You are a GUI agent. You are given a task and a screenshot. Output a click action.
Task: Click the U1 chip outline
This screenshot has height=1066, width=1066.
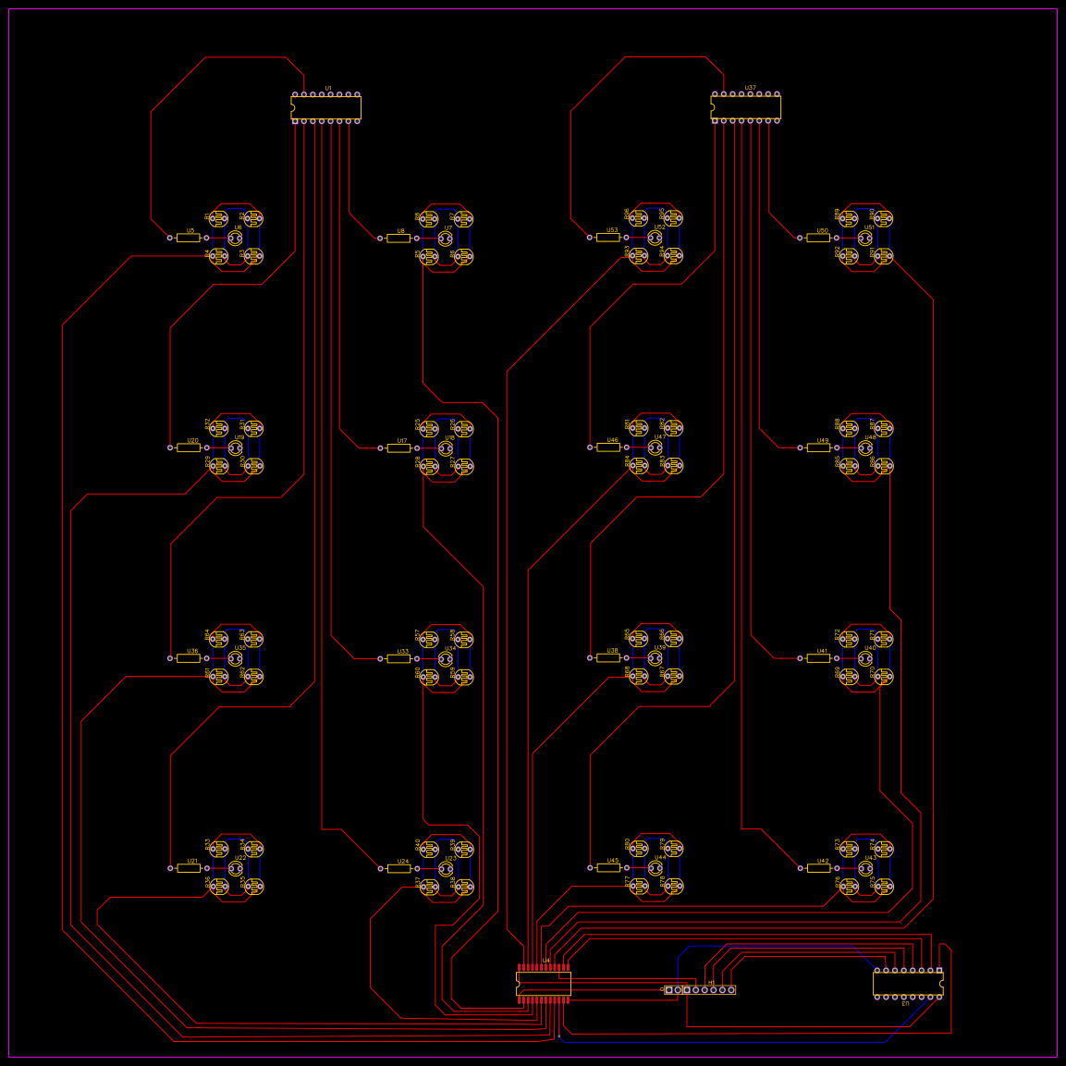coord(326,107)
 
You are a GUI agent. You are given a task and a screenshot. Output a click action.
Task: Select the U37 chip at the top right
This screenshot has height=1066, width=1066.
coord(746,107)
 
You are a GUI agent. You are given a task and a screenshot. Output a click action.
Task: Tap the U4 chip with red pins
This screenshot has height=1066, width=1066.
coord(544,984)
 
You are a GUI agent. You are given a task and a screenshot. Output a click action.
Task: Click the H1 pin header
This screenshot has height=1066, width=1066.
coord(700,990)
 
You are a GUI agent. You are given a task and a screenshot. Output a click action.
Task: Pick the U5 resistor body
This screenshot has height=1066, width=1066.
coord(189,238)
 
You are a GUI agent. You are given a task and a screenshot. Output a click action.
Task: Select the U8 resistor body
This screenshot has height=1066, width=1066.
coord(398,238)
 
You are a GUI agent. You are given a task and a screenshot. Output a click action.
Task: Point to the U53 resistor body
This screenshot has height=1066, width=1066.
coord(607,238)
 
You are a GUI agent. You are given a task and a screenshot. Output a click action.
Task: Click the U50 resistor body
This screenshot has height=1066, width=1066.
coord(818,238)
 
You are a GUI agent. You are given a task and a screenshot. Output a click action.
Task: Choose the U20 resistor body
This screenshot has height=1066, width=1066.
coord(189,447)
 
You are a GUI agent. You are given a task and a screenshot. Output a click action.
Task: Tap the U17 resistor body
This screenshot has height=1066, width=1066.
coord(398,447)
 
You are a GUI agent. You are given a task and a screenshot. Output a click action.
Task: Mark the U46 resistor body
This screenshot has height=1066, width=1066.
coord(607,447)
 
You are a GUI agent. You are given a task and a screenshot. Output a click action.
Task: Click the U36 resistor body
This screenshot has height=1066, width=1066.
coord(189,658)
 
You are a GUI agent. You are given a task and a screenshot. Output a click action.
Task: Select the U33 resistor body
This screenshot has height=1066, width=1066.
coord(398,658)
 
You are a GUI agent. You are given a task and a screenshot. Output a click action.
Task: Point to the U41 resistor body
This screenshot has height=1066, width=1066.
coord(818,658)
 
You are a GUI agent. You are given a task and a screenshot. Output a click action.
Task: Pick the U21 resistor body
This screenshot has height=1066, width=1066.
coord(189,868)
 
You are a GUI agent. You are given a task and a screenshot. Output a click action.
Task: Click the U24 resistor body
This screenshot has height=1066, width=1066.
coord(398,868)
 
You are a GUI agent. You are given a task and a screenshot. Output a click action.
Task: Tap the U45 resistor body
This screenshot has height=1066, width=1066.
coord(607,867)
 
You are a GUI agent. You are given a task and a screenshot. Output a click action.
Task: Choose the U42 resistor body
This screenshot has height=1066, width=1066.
coord(818,867)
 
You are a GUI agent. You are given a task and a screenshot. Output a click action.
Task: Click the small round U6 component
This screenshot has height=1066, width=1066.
coord(235,238)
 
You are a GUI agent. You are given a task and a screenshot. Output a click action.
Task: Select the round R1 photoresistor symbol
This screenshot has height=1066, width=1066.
coord(218,219)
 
